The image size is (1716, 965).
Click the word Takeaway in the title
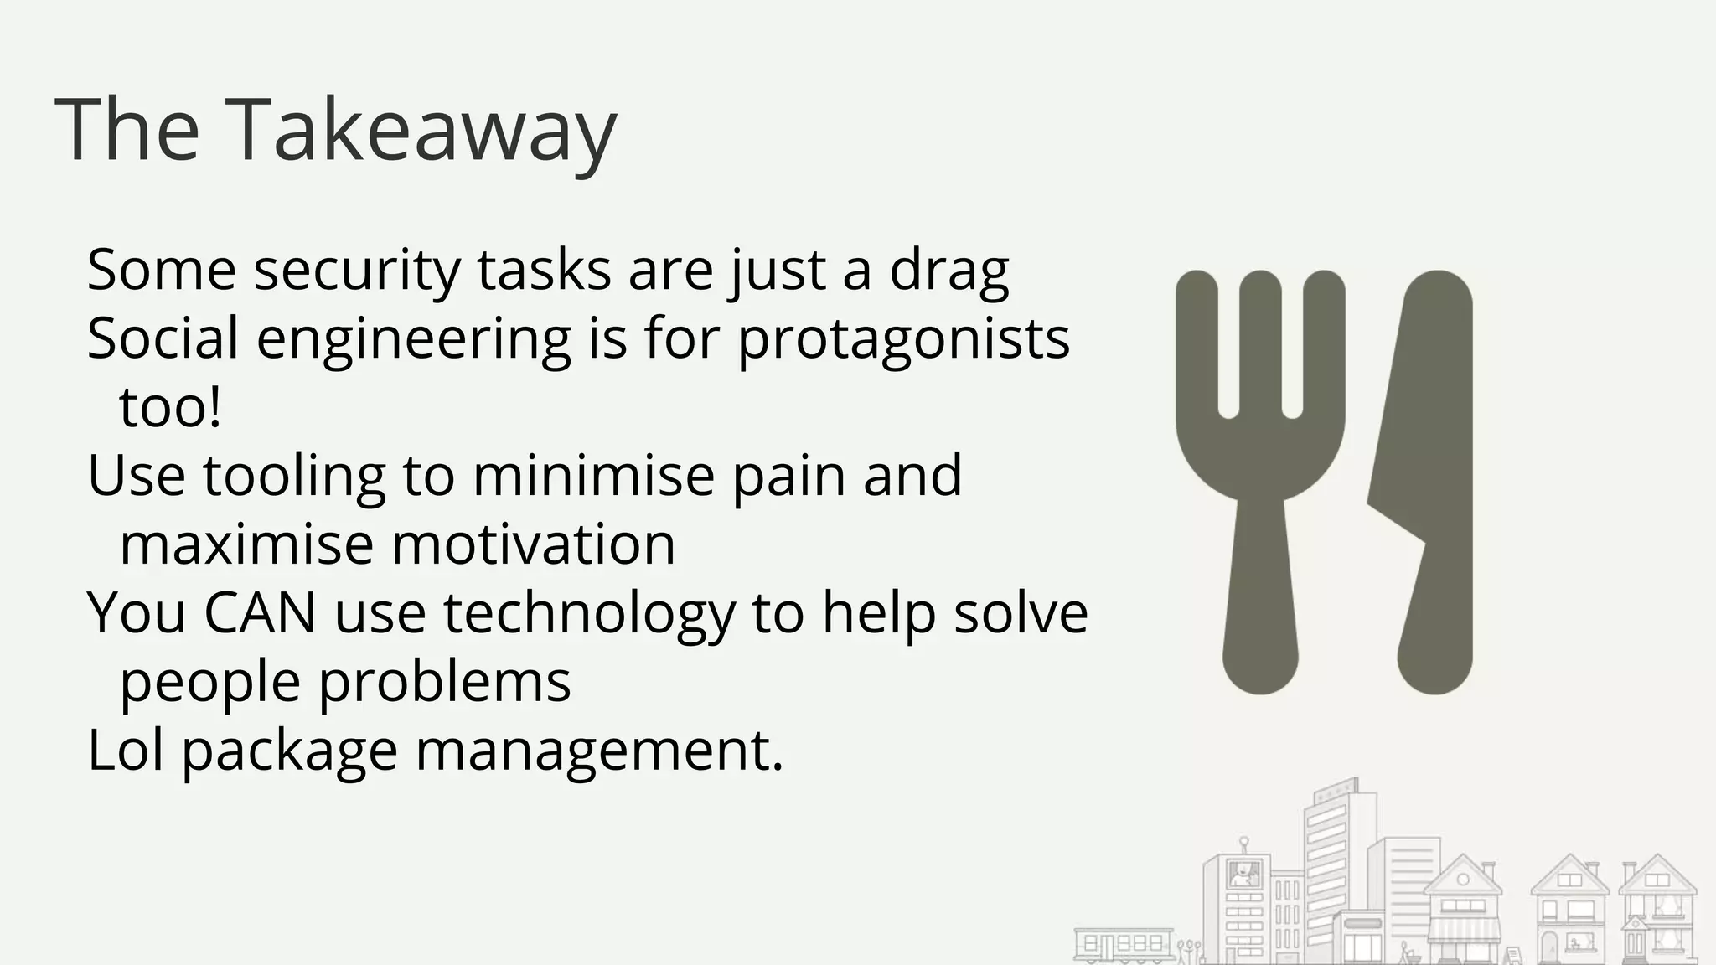(421, 131)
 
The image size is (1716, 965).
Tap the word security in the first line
(357, 270)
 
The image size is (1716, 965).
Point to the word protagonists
(903, 338)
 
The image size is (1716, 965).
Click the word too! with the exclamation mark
(171, 407)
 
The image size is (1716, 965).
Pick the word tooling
(294, 476)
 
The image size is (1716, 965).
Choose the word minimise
(593, 476)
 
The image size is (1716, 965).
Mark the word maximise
(246, 544)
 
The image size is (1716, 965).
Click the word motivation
(533, 544)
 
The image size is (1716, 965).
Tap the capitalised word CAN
(260, 613)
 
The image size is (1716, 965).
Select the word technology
(589, 613)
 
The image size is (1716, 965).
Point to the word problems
(445, 682)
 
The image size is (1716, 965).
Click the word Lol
(126, 751)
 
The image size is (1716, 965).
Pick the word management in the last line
(599, 751)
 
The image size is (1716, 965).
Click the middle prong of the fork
(1260, 343)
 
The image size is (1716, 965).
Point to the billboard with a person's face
(1243, 875)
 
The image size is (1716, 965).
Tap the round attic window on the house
(1463, 879)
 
